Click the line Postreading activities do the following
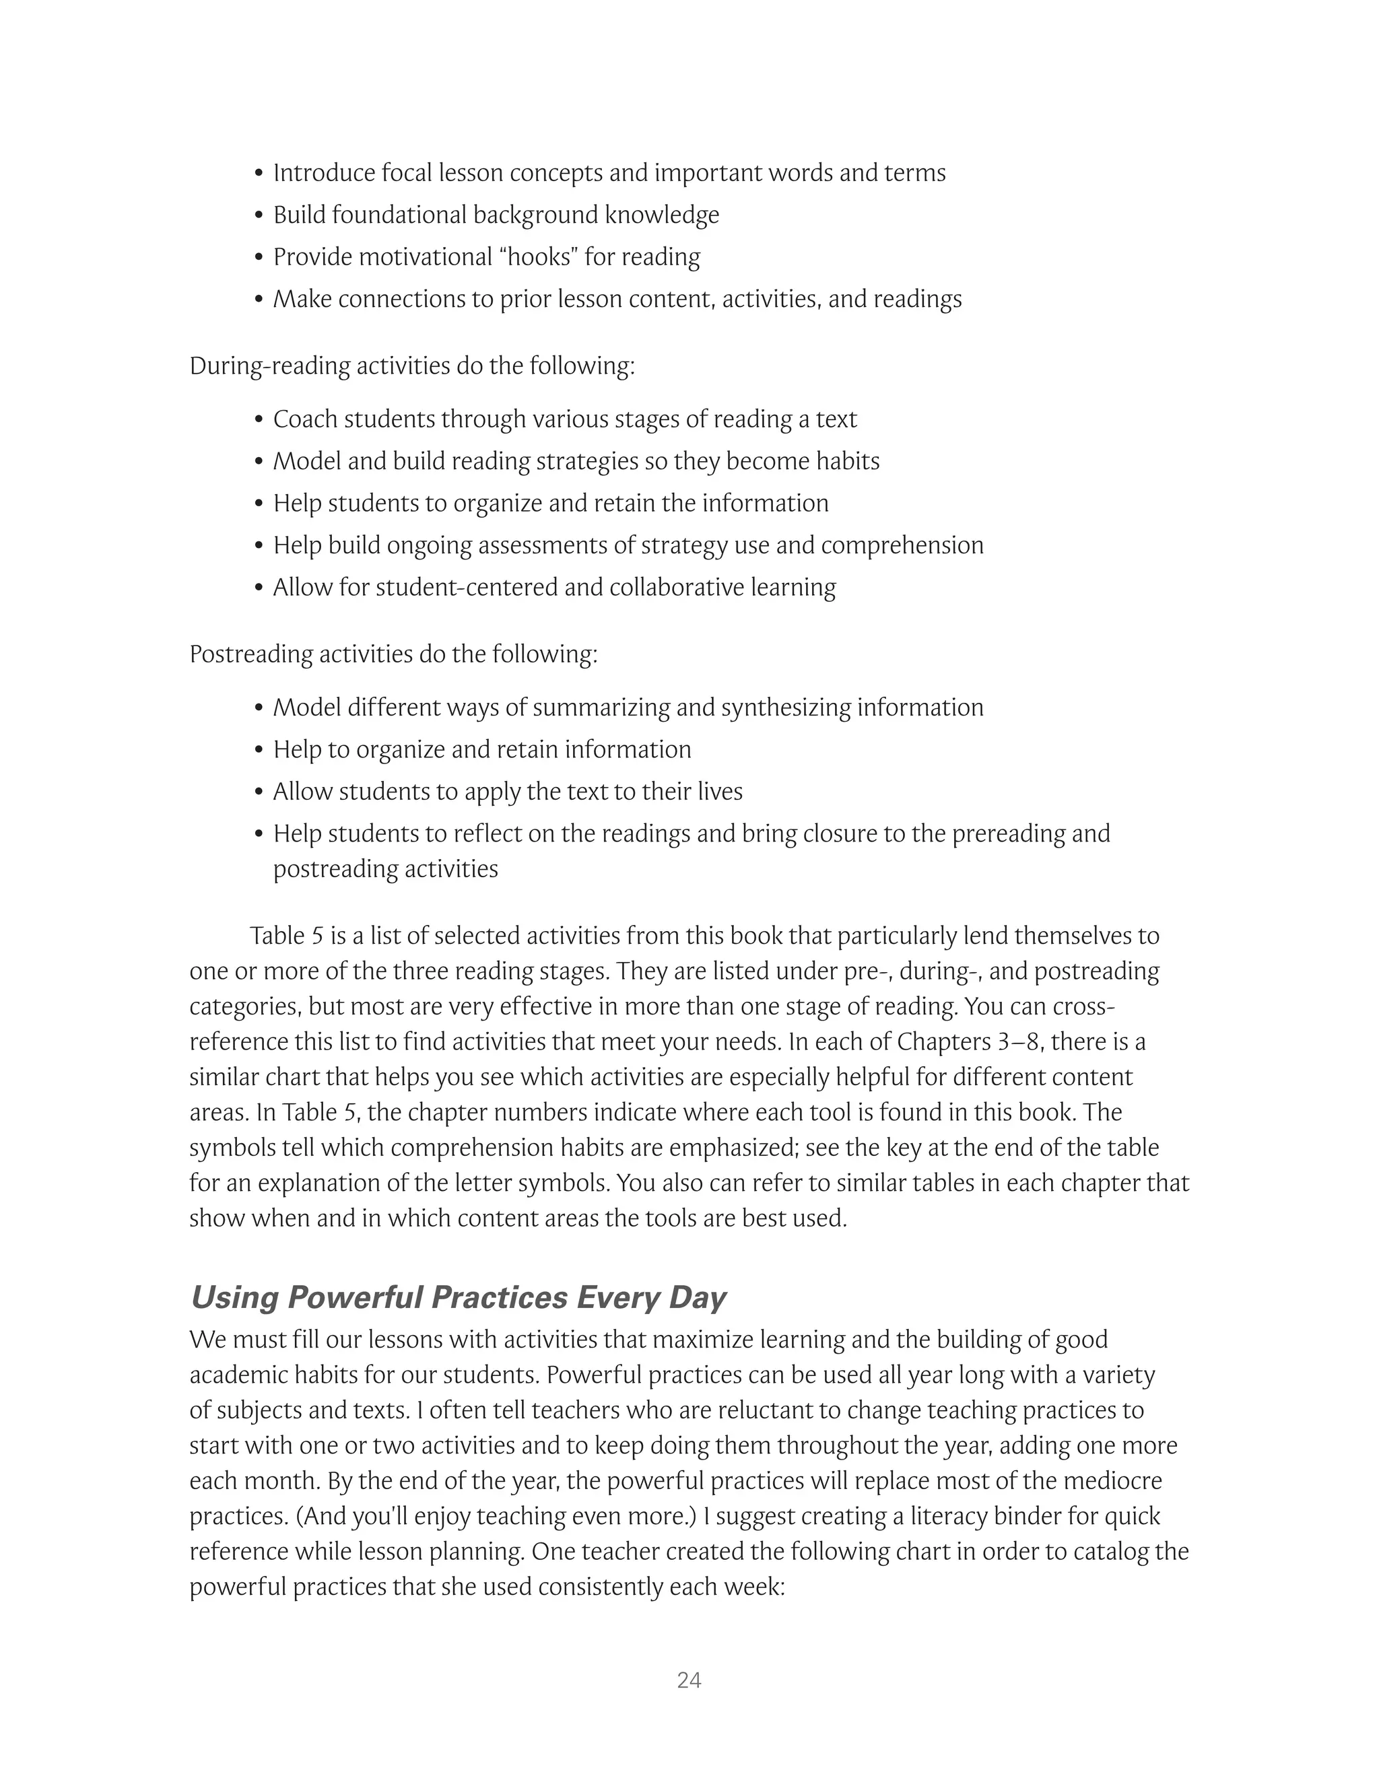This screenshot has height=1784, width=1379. coord(393,654)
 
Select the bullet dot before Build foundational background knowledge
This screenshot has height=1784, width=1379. coord(259,215)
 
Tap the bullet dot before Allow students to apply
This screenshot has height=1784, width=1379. coord(259,792)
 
